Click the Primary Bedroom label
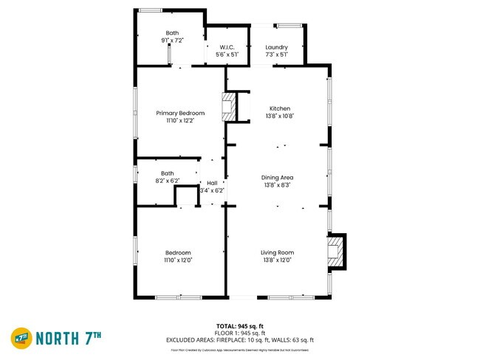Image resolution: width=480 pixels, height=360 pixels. coord(180,113)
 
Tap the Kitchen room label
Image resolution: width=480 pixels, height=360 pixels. coord(279,108)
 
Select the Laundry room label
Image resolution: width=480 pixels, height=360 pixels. coord(276,47)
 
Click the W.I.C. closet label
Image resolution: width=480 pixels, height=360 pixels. coord(227,47)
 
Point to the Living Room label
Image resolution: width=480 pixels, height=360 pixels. coord(277,252)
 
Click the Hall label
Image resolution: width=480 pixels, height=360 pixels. coord(212,183)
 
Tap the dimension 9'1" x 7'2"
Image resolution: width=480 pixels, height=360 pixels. coord(172,40)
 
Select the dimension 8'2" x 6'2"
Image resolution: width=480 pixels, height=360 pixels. coord(167,181)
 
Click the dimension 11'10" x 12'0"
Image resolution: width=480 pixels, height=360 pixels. coord(178,260)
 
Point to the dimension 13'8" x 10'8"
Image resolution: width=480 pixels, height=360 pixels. coord(279,116)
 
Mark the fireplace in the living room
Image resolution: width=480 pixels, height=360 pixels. coord(336,251)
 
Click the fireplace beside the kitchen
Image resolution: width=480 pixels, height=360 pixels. coord(230,106)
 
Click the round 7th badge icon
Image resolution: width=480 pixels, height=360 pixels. coord(21,338)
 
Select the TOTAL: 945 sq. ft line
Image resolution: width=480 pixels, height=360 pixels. coord(239,326)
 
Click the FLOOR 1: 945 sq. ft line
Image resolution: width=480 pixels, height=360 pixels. coord(239,333)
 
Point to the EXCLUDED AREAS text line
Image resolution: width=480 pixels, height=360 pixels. coord(239,340)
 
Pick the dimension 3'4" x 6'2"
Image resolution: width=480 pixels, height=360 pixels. coord(212,190)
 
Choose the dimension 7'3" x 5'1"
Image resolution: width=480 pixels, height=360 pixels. coord(276,54)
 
